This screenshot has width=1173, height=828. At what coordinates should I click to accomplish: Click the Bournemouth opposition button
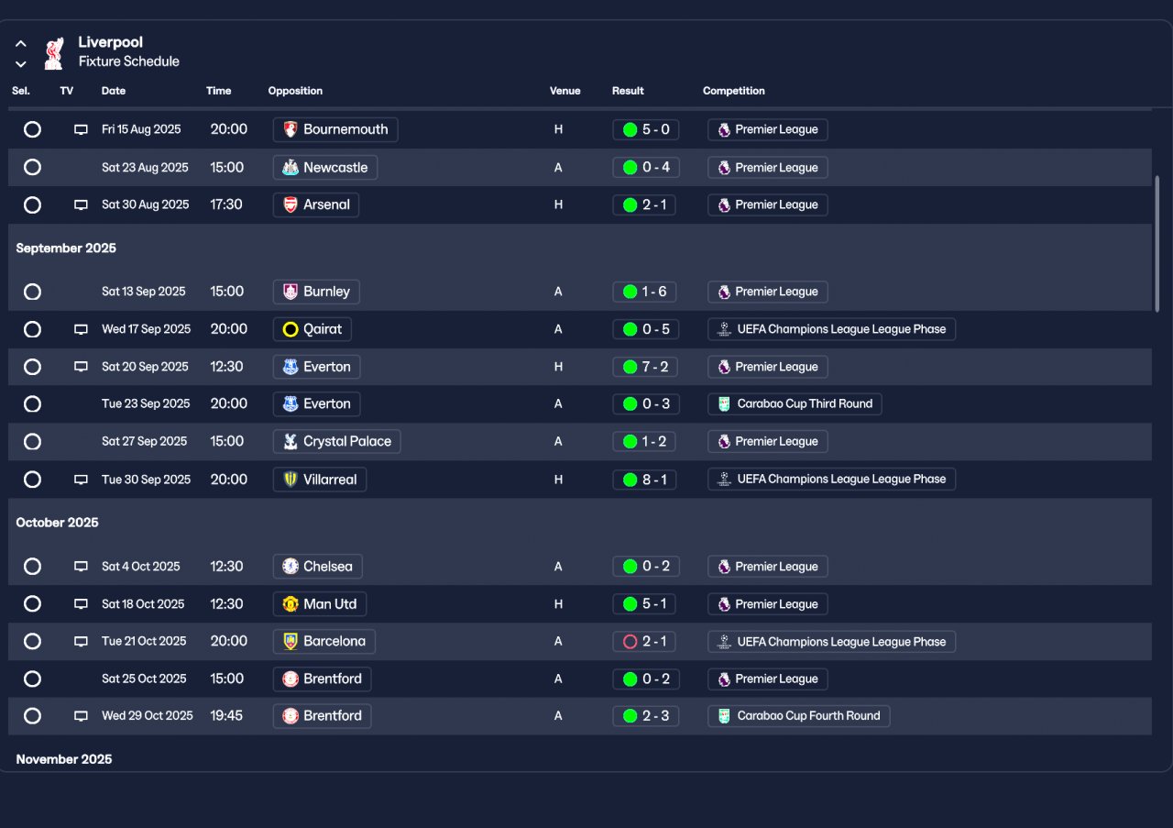(335, 129)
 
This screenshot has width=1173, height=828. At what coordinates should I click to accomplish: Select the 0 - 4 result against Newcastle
(645, 168)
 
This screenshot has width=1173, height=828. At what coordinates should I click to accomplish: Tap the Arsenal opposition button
(316, 205)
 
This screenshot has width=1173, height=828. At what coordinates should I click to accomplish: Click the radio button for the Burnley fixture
(32, 292)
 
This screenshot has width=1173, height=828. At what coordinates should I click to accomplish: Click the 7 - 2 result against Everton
(645, 367)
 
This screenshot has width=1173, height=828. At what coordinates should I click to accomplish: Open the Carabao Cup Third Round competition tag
(795, 404)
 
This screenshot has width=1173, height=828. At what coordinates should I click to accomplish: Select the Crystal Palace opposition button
(336, 442)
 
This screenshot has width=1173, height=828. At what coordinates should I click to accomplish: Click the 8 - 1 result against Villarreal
(645, 480)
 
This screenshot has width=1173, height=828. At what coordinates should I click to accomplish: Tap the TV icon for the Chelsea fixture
(81, 567)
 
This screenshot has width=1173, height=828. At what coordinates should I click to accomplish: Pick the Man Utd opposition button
(320, 604)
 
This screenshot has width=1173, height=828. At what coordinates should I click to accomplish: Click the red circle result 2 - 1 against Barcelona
(645, 642)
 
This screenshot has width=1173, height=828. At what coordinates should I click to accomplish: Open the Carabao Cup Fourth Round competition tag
(798, 716)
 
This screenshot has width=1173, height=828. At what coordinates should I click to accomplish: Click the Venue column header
(565, 91)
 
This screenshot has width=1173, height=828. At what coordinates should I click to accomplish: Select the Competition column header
(733, 91)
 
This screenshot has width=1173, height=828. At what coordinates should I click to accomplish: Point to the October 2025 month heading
(57, 523)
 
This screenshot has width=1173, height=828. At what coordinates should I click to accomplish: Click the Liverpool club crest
(54, 53)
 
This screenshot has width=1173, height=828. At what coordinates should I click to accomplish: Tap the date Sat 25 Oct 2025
(144, 679)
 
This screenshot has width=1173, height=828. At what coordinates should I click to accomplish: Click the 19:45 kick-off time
(226, 716)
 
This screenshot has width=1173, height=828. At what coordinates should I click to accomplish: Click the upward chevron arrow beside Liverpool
(21, 43)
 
